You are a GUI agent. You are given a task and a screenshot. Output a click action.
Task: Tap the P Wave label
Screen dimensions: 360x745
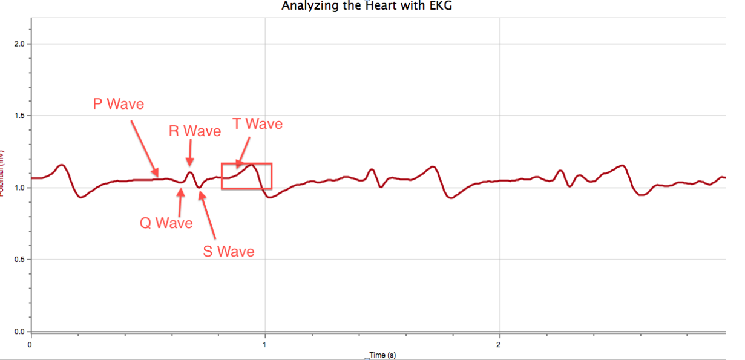click(119, 104)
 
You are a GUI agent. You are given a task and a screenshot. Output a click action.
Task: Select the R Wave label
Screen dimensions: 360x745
click(195, 131)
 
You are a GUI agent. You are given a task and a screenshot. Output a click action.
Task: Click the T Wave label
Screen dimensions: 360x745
click(258, 124)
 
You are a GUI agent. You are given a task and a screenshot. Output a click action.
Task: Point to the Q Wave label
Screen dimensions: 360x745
click(166, 223)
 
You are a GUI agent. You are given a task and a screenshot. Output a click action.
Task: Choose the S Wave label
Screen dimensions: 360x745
click(228, 251)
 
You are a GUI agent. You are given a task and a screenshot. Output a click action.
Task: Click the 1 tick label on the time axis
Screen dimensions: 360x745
click(264, 344)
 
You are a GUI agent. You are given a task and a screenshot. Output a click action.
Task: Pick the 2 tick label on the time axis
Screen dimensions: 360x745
click(499, 344)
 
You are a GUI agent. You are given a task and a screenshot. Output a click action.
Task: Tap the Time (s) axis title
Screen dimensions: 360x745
click(382, 355)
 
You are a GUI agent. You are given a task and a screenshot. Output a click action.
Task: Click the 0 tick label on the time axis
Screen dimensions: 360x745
click(30, 344)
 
